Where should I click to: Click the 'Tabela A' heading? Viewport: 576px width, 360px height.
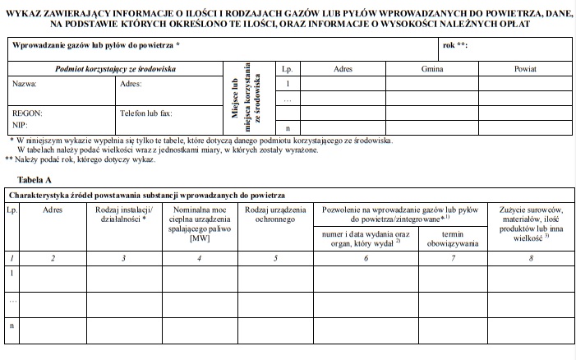[35, 178]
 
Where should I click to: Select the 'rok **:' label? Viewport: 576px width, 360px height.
[454, 45]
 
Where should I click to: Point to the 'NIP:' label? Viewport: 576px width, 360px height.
[21, 126]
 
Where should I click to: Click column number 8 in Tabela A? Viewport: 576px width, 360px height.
[531, 259]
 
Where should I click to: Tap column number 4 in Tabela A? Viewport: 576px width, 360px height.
[200, 259]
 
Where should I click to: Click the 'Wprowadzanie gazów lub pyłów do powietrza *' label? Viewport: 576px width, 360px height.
[96, 45]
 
